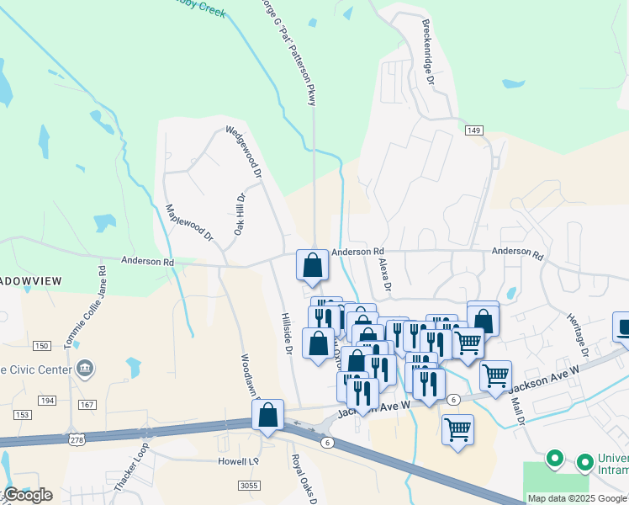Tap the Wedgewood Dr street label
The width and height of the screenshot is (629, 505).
coord(244,152)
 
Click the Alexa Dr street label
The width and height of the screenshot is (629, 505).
coord(386,274)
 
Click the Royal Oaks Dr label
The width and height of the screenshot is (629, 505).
coord(303,478)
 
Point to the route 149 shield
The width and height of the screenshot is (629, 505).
coord(474,130)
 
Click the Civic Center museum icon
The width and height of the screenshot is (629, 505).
coord(84,368)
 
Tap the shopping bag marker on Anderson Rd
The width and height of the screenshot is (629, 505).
coord(312,265)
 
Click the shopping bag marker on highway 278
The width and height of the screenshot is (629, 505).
coord(267,415)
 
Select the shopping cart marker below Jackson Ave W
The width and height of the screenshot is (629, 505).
coord(457,429)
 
